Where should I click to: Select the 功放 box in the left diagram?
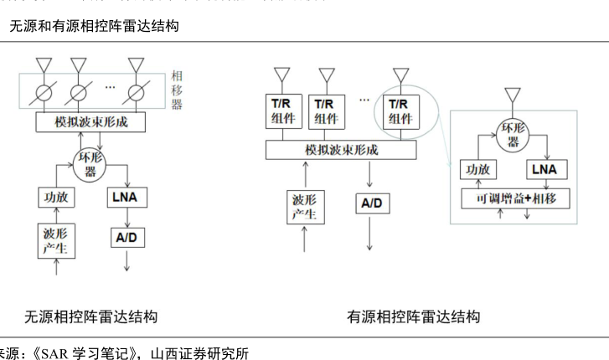click(56, 198)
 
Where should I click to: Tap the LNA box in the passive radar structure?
click(127, 198)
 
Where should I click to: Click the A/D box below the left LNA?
click(127, 238)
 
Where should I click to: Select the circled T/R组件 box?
click(402, 111)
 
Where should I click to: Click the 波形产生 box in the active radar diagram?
click(304, 209)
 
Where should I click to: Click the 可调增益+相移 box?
click(516, 198)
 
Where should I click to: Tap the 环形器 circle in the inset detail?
click(513, 135)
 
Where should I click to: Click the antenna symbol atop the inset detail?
click(513, 94)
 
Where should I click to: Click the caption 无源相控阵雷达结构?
click(90, 317)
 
